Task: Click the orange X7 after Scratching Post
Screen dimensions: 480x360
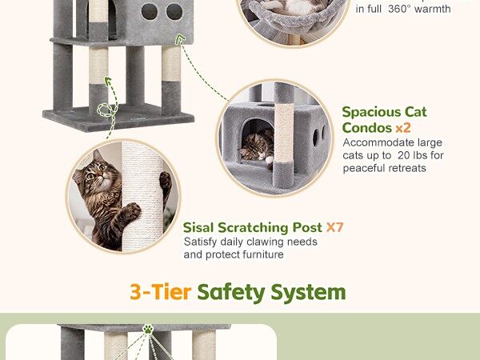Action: click(x=335, y=227)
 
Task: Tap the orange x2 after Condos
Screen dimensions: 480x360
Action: click(x=403, y=128)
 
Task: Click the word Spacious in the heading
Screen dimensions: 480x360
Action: click(x=371, y=113)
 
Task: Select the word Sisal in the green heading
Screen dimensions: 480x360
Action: click(x=198, y=227)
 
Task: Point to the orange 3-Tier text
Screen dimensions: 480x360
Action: click(x=161, y=292)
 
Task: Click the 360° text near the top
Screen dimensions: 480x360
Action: click(x=401, y=9)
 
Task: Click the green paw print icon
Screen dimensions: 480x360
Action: click(x=148, y=329)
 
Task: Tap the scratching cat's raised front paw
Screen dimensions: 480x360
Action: click(x=132, y=210)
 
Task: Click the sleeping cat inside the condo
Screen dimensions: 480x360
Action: click(x=257, y=146)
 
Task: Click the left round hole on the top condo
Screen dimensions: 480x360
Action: click(x=150, y=12)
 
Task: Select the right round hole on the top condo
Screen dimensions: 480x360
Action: click(x=174, y=12)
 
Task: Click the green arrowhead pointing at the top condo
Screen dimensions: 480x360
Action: click(x=181, y=38)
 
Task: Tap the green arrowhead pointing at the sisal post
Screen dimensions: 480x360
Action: click(x=107, y=81)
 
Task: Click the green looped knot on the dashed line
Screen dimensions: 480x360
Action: click(x=106, y=110)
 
